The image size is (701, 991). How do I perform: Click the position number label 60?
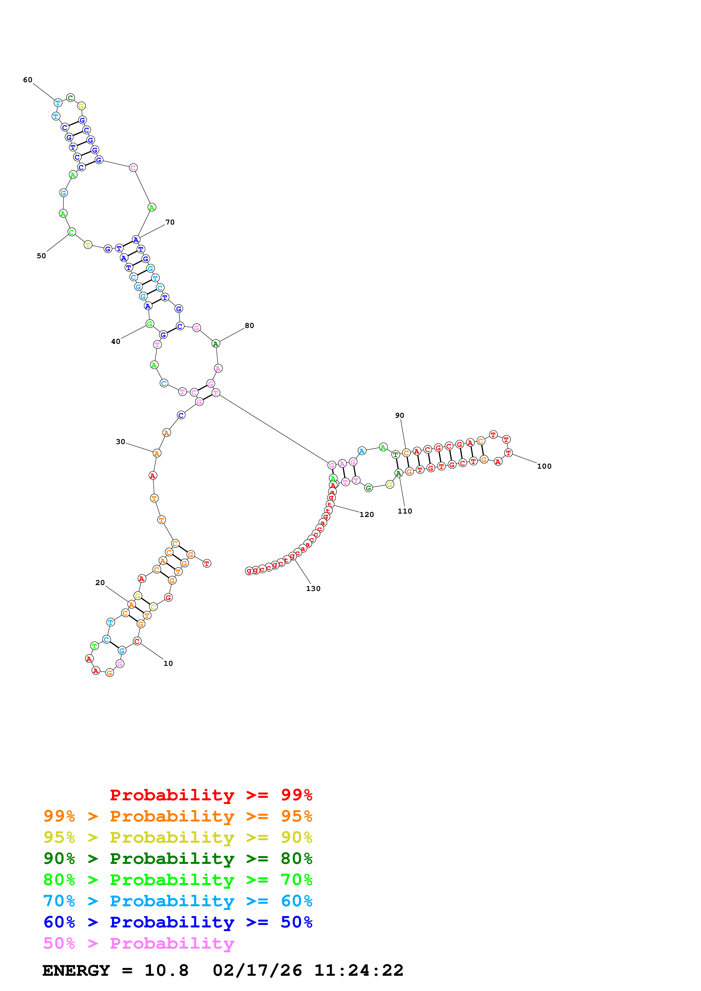(28, 80)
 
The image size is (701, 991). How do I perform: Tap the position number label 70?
(170, 222)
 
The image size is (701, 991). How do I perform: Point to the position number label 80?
(249, 325)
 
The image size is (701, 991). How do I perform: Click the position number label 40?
(115, 342)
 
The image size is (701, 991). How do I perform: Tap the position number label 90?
(400, 415)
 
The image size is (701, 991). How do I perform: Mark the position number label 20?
(100, 583)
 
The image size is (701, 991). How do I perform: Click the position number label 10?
(168, 663)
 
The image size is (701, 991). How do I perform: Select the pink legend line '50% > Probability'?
(139, 943)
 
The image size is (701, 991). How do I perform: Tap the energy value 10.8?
(166, 970)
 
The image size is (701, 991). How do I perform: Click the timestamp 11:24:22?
(359, 970)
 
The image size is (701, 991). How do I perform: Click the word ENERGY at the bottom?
(76, 970)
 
